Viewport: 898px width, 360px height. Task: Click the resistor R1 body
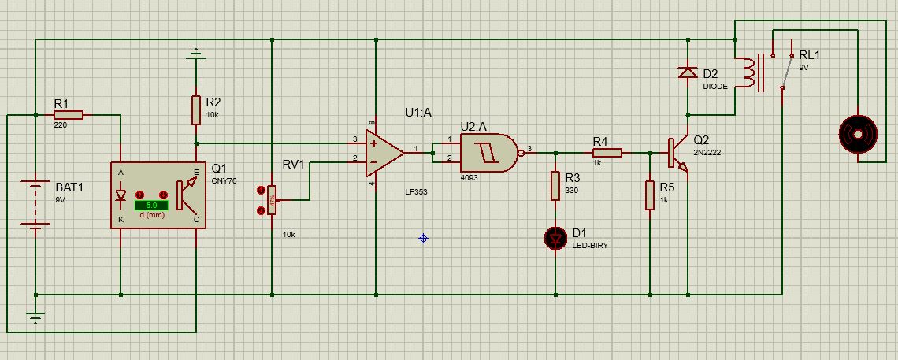68,115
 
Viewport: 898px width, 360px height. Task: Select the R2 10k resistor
195,110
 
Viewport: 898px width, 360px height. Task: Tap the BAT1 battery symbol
35,205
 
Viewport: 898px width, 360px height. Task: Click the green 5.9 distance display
151,205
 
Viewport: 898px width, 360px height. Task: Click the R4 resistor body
607,152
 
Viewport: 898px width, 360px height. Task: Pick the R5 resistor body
650,195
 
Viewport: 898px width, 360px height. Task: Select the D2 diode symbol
688,73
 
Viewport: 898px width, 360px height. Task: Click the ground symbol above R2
195,55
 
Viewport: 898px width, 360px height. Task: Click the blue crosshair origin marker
424,237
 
